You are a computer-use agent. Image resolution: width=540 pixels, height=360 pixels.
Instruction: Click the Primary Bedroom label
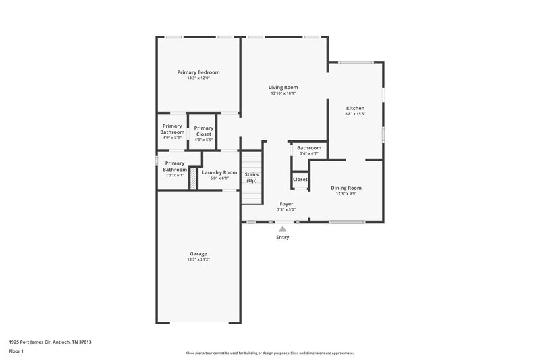pos(198,72)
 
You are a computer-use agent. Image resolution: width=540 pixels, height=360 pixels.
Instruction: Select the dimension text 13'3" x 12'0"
pos(198,78)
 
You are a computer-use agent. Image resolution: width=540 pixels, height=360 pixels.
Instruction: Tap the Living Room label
pos(283,87)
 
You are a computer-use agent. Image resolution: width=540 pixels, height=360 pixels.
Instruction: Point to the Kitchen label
pos(355,108)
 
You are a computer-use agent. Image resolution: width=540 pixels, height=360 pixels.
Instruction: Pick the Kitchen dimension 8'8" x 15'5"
pos(355,114)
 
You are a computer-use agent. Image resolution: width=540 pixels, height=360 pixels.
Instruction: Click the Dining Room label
pos(346,188)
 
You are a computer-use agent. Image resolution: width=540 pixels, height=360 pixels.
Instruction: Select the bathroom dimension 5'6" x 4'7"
pos(309,153)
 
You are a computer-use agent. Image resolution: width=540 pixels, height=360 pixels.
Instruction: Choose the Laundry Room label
pos(219,172)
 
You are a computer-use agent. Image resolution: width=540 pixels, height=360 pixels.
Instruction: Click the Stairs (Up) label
pos(251,178)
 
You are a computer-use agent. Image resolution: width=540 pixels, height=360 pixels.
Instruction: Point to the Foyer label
pos(286,203)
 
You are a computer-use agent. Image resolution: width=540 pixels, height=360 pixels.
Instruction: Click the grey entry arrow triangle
pos(282,229)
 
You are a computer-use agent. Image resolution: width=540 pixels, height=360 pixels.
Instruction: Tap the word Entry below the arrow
pos(282,238)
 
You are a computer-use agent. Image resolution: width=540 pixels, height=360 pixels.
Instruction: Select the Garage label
pos(198,253)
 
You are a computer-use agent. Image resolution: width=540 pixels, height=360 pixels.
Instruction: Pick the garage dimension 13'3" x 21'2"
pos(198,259)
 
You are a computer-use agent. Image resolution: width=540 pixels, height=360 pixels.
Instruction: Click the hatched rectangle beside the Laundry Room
pos(192,178)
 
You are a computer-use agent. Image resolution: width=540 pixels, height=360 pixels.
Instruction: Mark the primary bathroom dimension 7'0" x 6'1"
pos(174,175)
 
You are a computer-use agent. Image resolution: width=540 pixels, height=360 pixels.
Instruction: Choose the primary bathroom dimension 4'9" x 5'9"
pos(172,138)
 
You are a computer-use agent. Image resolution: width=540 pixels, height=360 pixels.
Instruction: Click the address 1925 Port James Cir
pos(34,342)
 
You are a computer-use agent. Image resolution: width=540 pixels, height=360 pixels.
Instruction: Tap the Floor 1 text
pos(16,352)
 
